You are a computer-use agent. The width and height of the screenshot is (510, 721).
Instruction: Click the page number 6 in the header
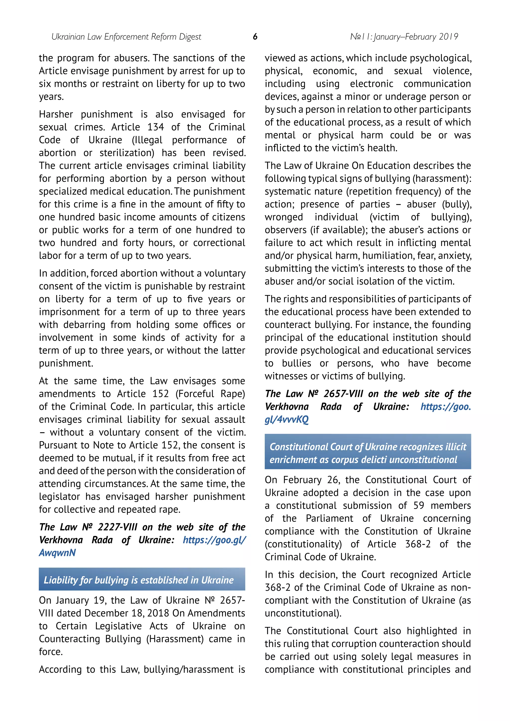click(255, 37)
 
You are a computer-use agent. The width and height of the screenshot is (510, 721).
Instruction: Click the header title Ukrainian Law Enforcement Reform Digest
click(126, 37)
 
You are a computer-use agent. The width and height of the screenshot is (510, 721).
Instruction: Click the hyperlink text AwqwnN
click(58, 553)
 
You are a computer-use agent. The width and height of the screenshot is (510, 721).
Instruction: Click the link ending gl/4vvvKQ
click(286, 420)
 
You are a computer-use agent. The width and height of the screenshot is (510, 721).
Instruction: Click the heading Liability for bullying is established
click(138, 580)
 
